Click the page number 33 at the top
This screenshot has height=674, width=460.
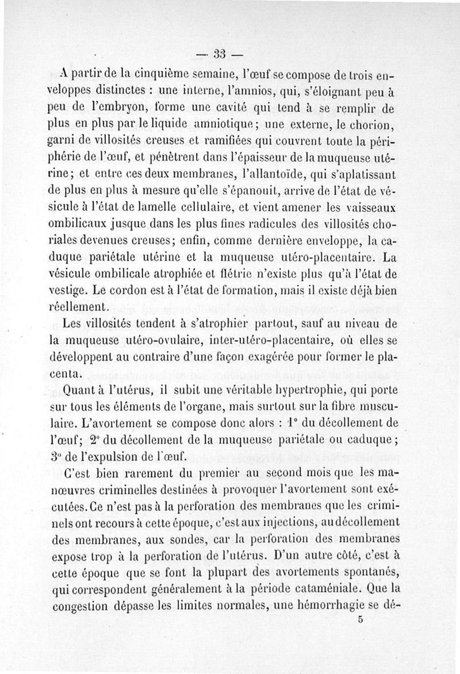tap(219, 55)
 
